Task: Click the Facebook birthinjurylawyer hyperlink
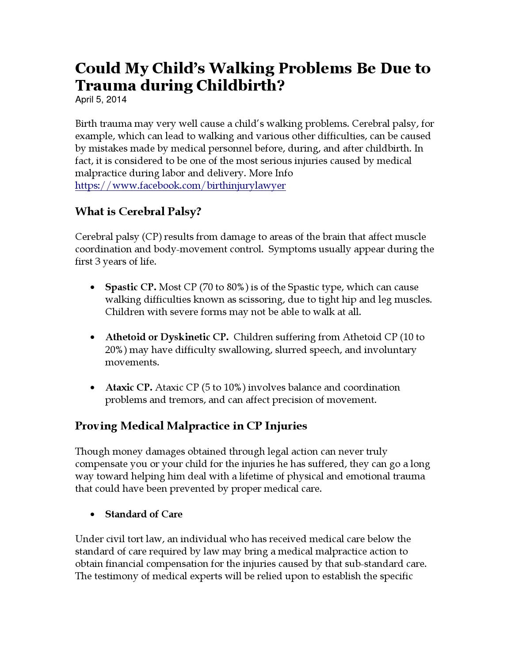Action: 180,186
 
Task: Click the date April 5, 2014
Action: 101,99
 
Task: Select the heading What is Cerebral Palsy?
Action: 138,212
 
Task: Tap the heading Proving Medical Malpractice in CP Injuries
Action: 191,426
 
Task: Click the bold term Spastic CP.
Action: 130,287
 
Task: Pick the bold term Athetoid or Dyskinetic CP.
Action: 167,337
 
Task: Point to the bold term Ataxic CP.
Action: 129,387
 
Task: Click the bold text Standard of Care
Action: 144,514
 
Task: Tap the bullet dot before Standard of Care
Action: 92,515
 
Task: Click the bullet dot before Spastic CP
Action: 92,288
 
